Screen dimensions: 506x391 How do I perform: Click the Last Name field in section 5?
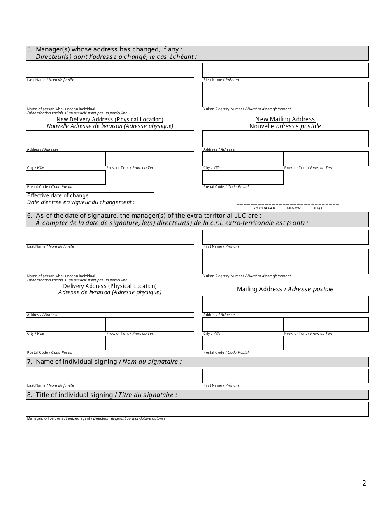click(110, 70)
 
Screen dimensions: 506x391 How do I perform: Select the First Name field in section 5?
click(285, 70)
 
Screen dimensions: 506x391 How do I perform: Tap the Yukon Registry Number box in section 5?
click(285, 94)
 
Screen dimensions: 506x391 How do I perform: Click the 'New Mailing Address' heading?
click(285, 119)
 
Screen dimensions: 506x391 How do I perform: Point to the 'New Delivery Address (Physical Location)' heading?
click(110, 119)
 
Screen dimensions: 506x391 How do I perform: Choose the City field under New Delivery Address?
click(66, 159)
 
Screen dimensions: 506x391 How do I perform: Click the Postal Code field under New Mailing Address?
click(243, 177)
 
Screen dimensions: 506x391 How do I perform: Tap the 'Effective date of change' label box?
click(90, 199)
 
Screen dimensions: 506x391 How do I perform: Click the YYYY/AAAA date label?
click(264, 209)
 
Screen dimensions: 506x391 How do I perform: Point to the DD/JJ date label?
click(317, 209)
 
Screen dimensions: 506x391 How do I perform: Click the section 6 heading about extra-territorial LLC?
click(197, 219)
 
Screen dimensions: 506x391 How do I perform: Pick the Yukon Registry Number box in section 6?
click(285, 261)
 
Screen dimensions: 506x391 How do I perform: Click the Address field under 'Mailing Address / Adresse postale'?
click(285, 304)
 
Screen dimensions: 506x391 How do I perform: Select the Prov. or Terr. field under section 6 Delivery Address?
click(150, 324)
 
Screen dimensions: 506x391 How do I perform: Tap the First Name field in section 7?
click(285, 376)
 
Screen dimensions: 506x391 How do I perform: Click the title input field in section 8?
click(197, 409)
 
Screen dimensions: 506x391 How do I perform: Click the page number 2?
click(364, 483)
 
